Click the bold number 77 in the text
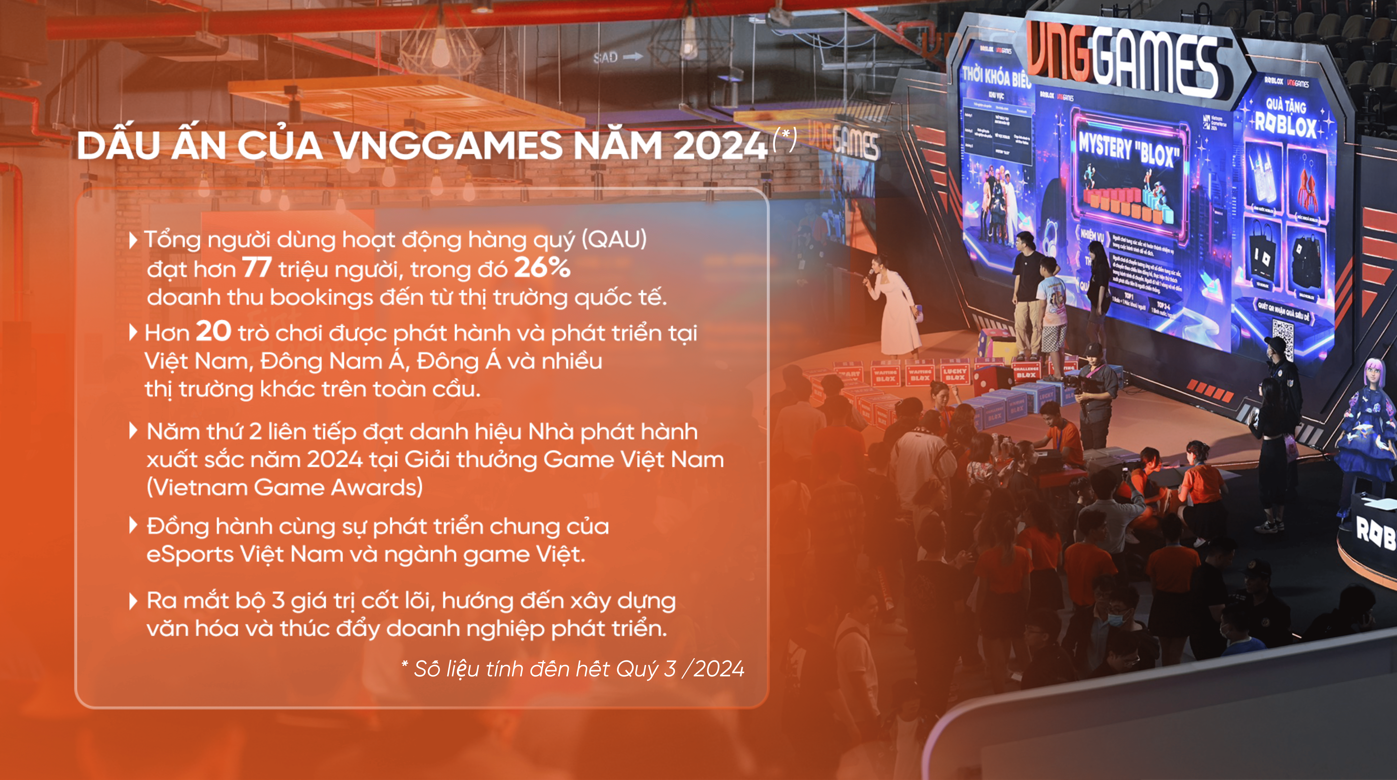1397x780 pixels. coord(257,268)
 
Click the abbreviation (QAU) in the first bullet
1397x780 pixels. coord(614,239)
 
